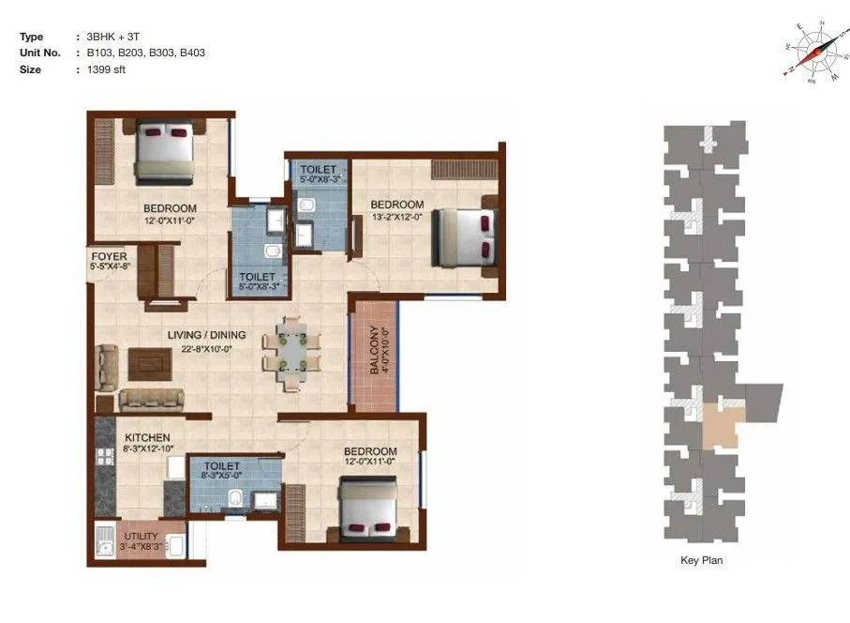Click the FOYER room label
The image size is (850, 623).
[109, 255]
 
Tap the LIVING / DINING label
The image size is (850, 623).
[206, 335]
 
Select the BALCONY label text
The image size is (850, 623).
[375, 350]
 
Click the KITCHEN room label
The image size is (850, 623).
[147, 437]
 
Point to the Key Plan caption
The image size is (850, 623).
[701, 561]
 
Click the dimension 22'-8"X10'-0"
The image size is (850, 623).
[206, 348]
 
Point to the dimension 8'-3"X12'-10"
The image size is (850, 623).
[148, 449]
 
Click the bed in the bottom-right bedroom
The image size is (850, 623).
[368, 508]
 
